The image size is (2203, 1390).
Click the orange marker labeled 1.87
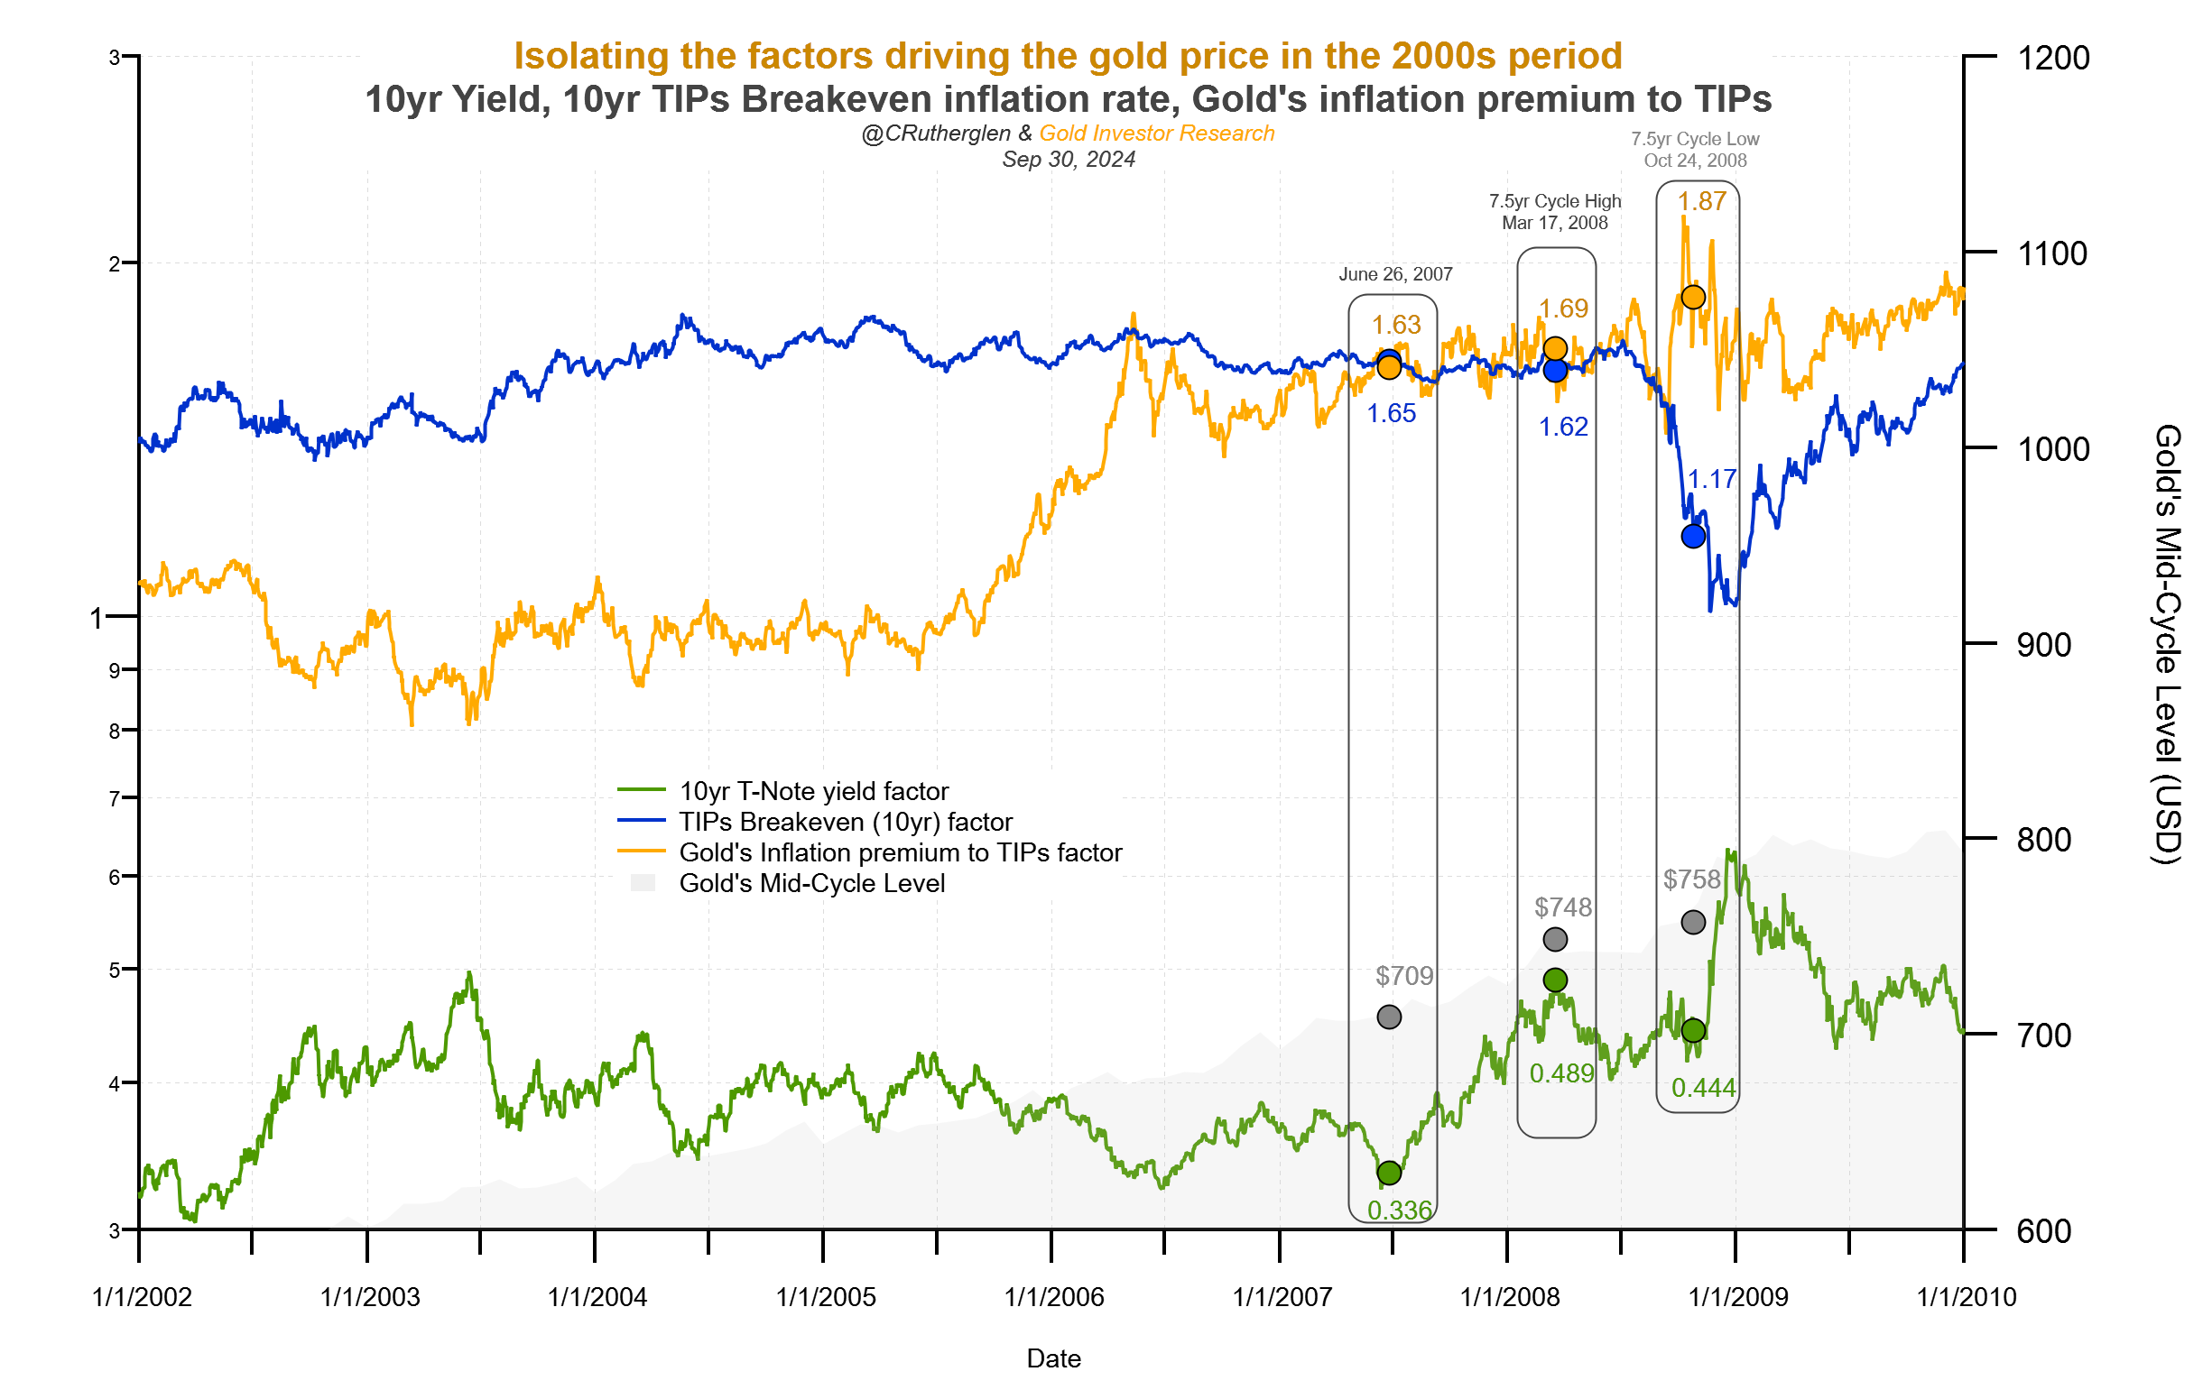(1692, 297)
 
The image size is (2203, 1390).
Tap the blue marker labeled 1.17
(1692, 536)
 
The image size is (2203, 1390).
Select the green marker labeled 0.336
(1388, 1173)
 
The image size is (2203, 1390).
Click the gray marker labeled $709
(1388, 1017)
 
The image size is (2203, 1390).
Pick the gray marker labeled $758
(1692, 922)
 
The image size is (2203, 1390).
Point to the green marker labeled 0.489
(1554, 980)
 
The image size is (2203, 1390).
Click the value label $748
(1562, 907)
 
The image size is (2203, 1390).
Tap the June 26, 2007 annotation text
(1395, 274)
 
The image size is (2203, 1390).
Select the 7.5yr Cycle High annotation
(1554, 201)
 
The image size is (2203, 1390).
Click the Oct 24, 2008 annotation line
(1694, 161)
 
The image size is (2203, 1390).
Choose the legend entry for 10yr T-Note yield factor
(812, 791)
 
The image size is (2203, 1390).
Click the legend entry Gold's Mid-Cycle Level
(810, 883)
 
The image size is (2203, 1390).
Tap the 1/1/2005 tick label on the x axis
(825, 1297)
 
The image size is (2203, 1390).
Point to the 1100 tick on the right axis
(2052, 253)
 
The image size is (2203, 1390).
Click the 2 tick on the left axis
(115, 264)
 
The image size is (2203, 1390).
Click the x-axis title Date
(1053, 1358)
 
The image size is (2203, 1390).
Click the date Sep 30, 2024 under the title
(1068, 159)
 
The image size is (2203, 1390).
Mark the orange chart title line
(1067, 56)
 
